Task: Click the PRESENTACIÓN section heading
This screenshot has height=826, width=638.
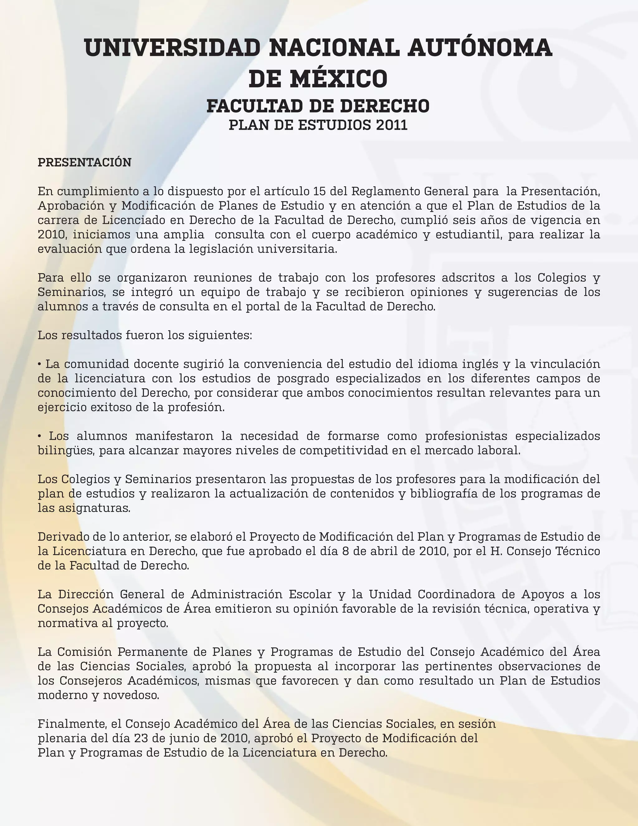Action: point(84,163)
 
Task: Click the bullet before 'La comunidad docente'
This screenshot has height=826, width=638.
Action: point(40,364)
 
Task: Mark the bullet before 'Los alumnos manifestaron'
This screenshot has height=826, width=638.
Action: point(40,436)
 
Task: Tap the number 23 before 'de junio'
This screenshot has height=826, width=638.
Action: point(141,738)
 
